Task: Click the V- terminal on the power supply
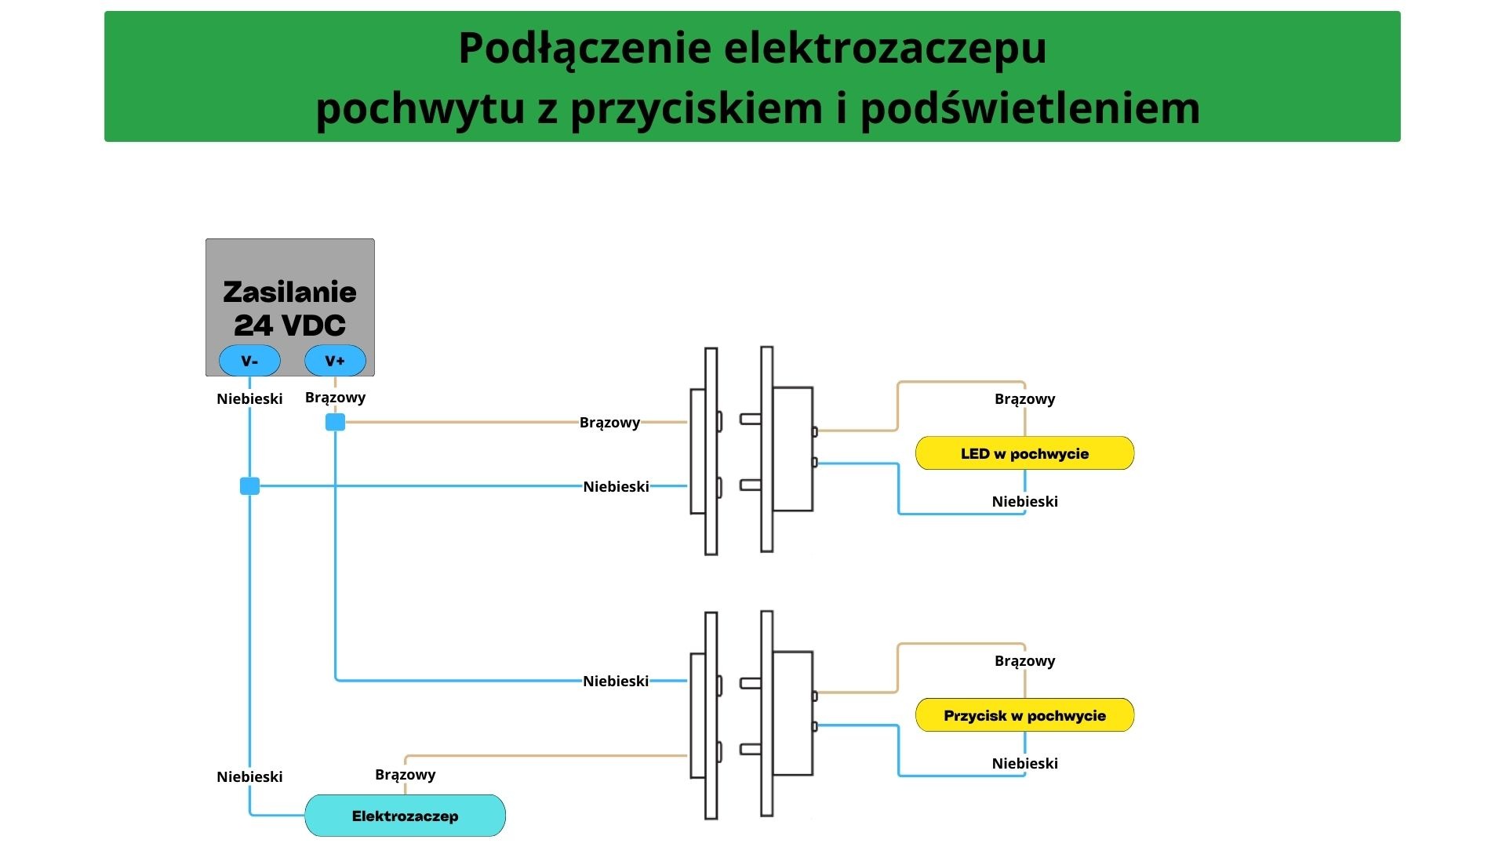click(x=249, y=361)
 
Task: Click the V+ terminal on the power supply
click(x=335, y=361)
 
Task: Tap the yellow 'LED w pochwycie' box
click(x=1024, y=453)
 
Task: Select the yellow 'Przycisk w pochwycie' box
click(x=1024, y=715)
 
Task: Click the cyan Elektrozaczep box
click(x=405, y=816)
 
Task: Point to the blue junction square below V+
click(x=335, y=423)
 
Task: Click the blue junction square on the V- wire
click(x=249, y=486)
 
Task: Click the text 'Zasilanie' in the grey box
click(x=289, y=293)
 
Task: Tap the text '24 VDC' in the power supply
click(x=289, y=325)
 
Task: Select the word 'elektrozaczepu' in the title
click(x=885, y=48)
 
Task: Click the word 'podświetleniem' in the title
click(x=1030, y=107)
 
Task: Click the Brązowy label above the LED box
click(x=1024, y=398)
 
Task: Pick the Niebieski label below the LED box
click(x=1024, y=502)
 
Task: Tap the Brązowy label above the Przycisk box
click(x=1024, y=660)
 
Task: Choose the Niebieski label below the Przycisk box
click(x=1024, y=764)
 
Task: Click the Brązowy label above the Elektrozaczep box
click(x=405, y=775)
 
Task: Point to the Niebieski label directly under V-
click(x=249, y=398)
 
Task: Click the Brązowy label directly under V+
click(x=335, y=397)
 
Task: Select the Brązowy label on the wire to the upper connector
click(x=609, y=423)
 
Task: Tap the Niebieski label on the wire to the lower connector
click(x=616, y=681)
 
